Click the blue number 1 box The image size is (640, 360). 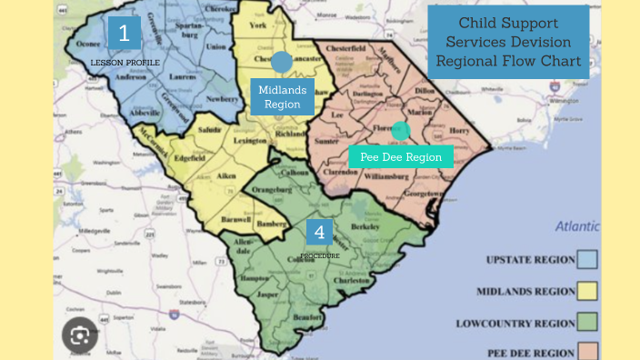pos(125,33)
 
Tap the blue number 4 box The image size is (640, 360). pos(319,233)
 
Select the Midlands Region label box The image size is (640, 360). pos(282,96)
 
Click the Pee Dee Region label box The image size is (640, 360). pos(401,156)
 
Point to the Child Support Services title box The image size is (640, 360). pos(508,42)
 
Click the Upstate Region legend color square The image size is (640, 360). pos(589,260)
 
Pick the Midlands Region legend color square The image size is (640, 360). pos(589,291)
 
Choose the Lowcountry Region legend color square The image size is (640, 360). pos(589,322)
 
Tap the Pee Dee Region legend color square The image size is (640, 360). pos(589,351)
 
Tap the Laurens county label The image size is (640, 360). pos(182,77)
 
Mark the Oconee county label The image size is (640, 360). pos(87,42)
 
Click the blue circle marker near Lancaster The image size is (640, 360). pos(282,62)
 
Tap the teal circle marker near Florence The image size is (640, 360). pos(401,130)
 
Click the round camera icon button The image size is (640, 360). pos(80,336)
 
